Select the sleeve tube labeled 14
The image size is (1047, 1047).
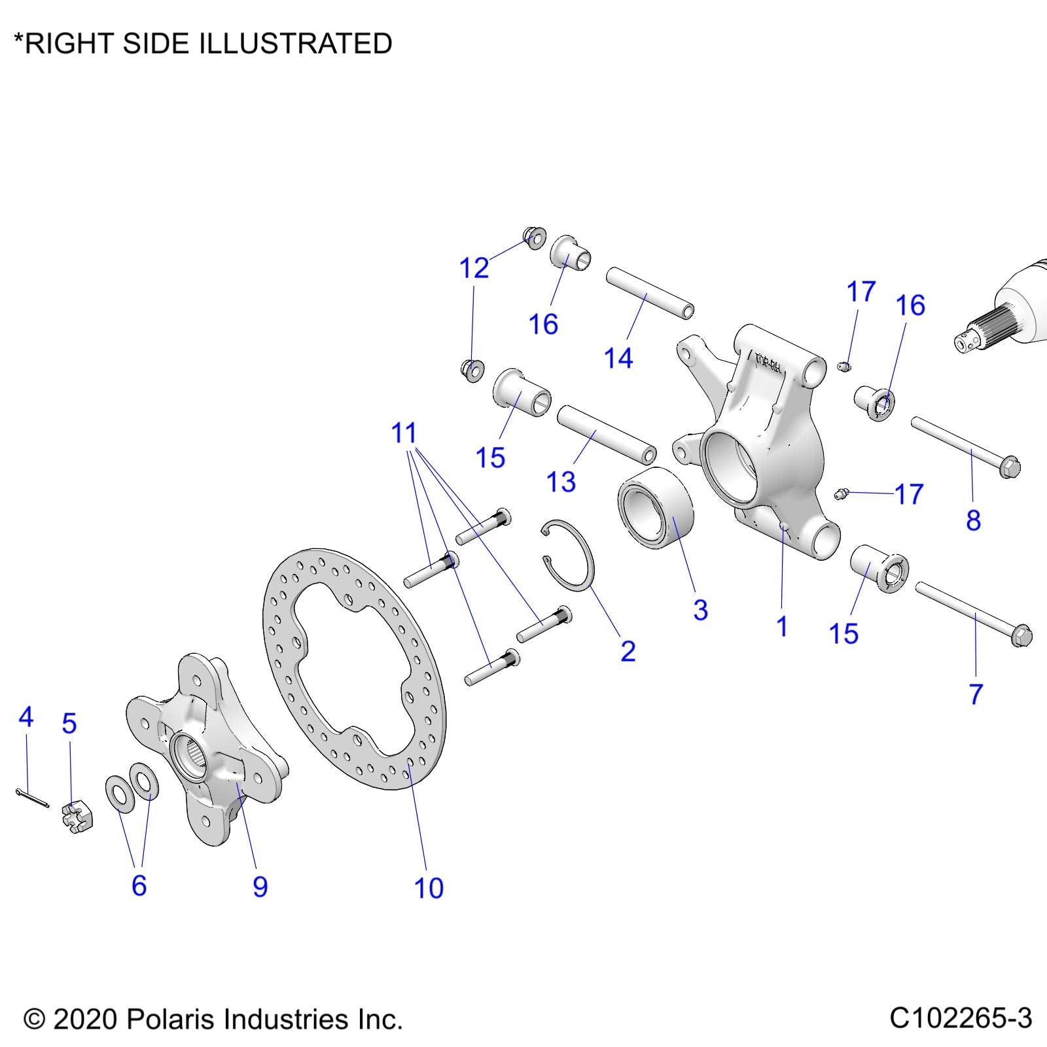(649, 293)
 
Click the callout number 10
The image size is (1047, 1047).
(429, 888)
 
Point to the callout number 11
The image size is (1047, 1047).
(404, 433)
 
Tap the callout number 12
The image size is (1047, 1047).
(474, 268)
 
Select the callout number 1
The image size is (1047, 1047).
(782, 627)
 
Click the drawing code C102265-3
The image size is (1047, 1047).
(960, 1018)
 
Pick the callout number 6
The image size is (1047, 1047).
(139, 885)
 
